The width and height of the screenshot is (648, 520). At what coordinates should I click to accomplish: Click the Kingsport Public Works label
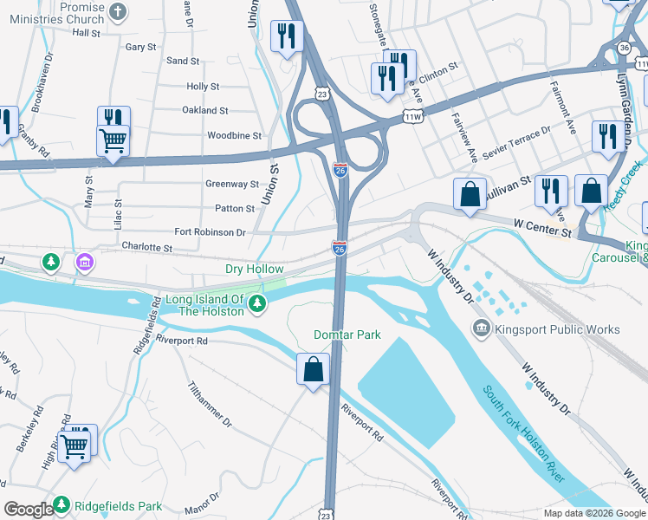[557, 329]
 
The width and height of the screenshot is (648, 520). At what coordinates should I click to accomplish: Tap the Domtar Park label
[347, 335]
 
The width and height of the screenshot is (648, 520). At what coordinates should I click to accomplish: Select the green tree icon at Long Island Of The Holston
[256, 302]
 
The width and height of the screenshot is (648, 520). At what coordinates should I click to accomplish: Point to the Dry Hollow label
[254, 270]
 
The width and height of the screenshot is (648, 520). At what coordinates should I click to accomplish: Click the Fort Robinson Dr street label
[210, 232]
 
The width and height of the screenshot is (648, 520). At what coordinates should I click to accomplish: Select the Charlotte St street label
[146, 247]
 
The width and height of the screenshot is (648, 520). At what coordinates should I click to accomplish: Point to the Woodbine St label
[234, 136]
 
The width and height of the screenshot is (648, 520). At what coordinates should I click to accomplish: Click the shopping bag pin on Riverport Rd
[313, 369]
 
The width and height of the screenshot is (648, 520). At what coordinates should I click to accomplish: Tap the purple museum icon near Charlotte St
[84, 261]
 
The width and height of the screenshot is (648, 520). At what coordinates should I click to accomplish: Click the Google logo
[29, 510]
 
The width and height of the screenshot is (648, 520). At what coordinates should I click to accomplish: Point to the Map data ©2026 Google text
[594, 513]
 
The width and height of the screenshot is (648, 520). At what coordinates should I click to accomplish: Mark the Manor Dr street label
[197, 505]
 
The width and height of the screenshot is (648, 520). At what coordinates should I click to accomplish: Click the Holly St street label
[203, 87]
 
